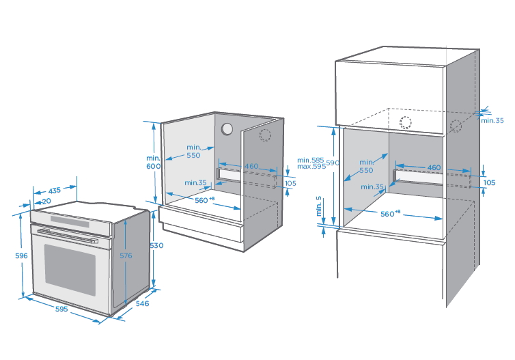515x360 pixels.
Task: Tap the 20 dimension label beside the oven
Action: [x=46, y=202]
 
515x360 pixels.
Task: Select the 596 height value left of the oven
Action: [x=20, y=255]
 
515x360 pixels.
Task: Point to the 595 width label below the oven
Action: [x=61, y=309]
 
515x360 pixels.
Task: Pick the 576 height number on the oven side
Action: [x=124, y=255]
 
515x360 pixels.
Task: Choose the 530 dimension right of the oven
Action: [x=157, y=245]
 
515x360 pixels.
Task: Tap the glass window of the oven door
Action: [x=70, y=267]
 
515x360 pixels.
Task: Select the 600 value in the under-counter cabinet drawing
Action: [x=153, y=166]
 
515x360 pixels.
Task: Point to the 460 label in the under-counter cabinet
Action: [x=252, y=166]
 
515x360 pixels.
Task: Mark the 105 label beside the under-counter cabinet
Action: [x=291, y=182]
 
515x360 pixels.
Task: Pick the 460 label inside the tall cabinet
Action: [x=434, y=167]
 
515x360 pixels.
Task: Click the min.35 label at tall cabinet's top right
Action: [x=492, y=120]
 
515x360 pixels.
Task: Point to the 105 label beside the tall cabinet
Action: [x=488, y=182]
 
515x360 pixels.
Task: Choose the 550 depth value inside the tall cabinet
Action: [x=367, y=170]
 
